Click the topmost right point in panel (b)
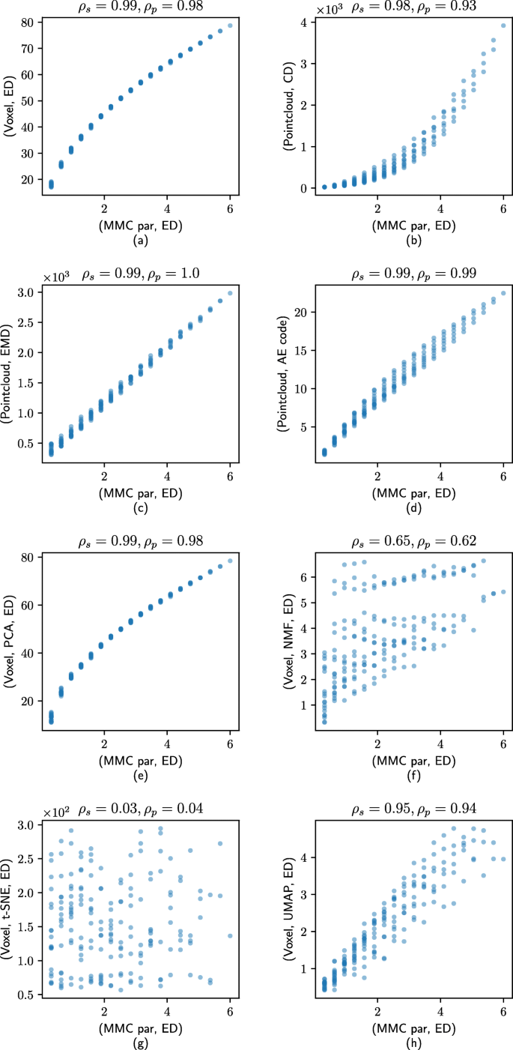(503, 25)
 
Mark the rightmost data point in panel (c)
(230, 293)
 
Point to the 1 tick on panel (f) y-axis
(303, 705)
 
